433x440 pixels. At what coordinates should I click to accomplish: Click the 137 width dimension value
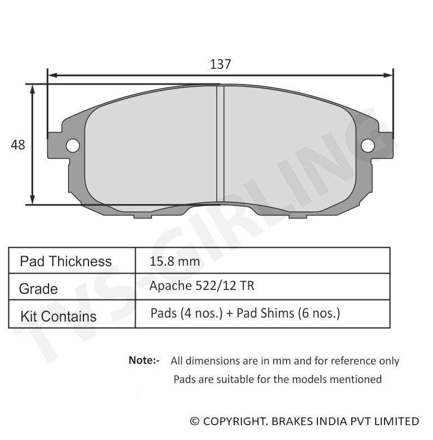pos(220,64)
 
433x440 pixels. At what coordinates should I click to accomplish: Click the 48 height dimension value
pos(18,145)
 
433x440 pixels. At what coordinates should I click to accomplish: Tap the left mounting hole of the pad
pos(73,146)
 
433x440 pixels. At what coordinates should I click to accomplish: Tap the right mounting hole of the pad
pos(368,146)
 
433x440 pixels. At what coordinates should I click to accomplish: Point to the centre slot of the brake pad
pos(221,144)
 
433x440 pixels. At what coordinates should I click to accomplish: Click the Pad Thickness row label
pos(65,262)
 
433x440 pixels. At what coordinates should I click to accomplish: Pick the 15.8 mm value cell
pos(175,262)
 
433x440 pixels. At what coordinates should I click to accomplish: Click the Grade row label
pos(38,289)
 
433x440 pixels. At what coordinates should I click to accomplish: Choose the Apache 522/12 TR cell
pos(202,286)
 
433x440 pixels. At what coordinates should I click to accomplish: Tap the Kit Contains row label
pos(58,316)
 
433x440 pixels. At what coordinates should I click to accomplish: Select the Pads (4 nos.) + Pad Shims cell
pos(245,314)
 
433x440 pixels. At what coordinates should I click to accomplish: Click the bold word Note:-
pos(144,360)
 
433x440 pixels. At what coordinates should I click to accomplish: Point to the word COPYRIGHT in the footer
pos(236,421)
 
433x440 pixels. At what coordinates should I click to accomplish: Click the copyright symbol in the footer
pos(195,421)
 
